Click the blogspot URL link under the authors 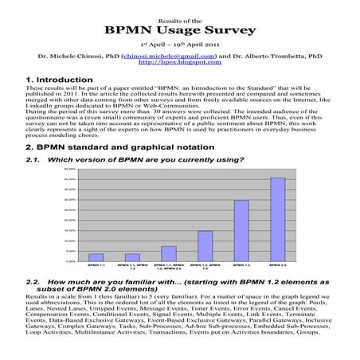179,64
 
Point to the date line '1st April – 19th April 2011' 179,45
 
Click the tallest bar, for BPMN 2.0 277,218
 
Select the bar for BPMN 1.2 241,230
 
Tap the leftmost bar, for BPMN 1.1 96,256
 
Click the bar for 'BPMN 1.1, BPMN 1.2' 132,256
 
